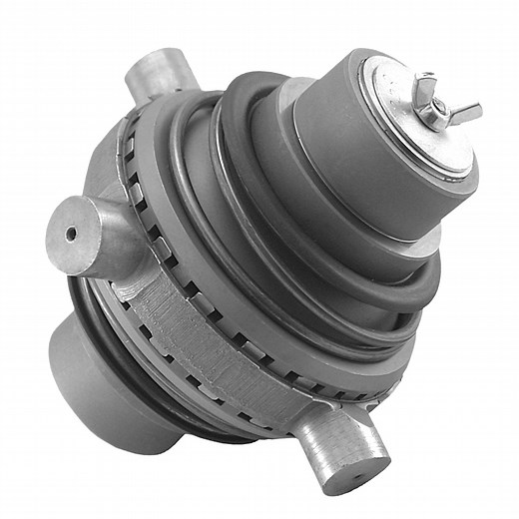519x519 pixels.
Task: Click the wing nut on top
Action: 435,103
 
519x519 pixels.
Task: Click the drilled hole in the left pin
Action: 70,233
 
